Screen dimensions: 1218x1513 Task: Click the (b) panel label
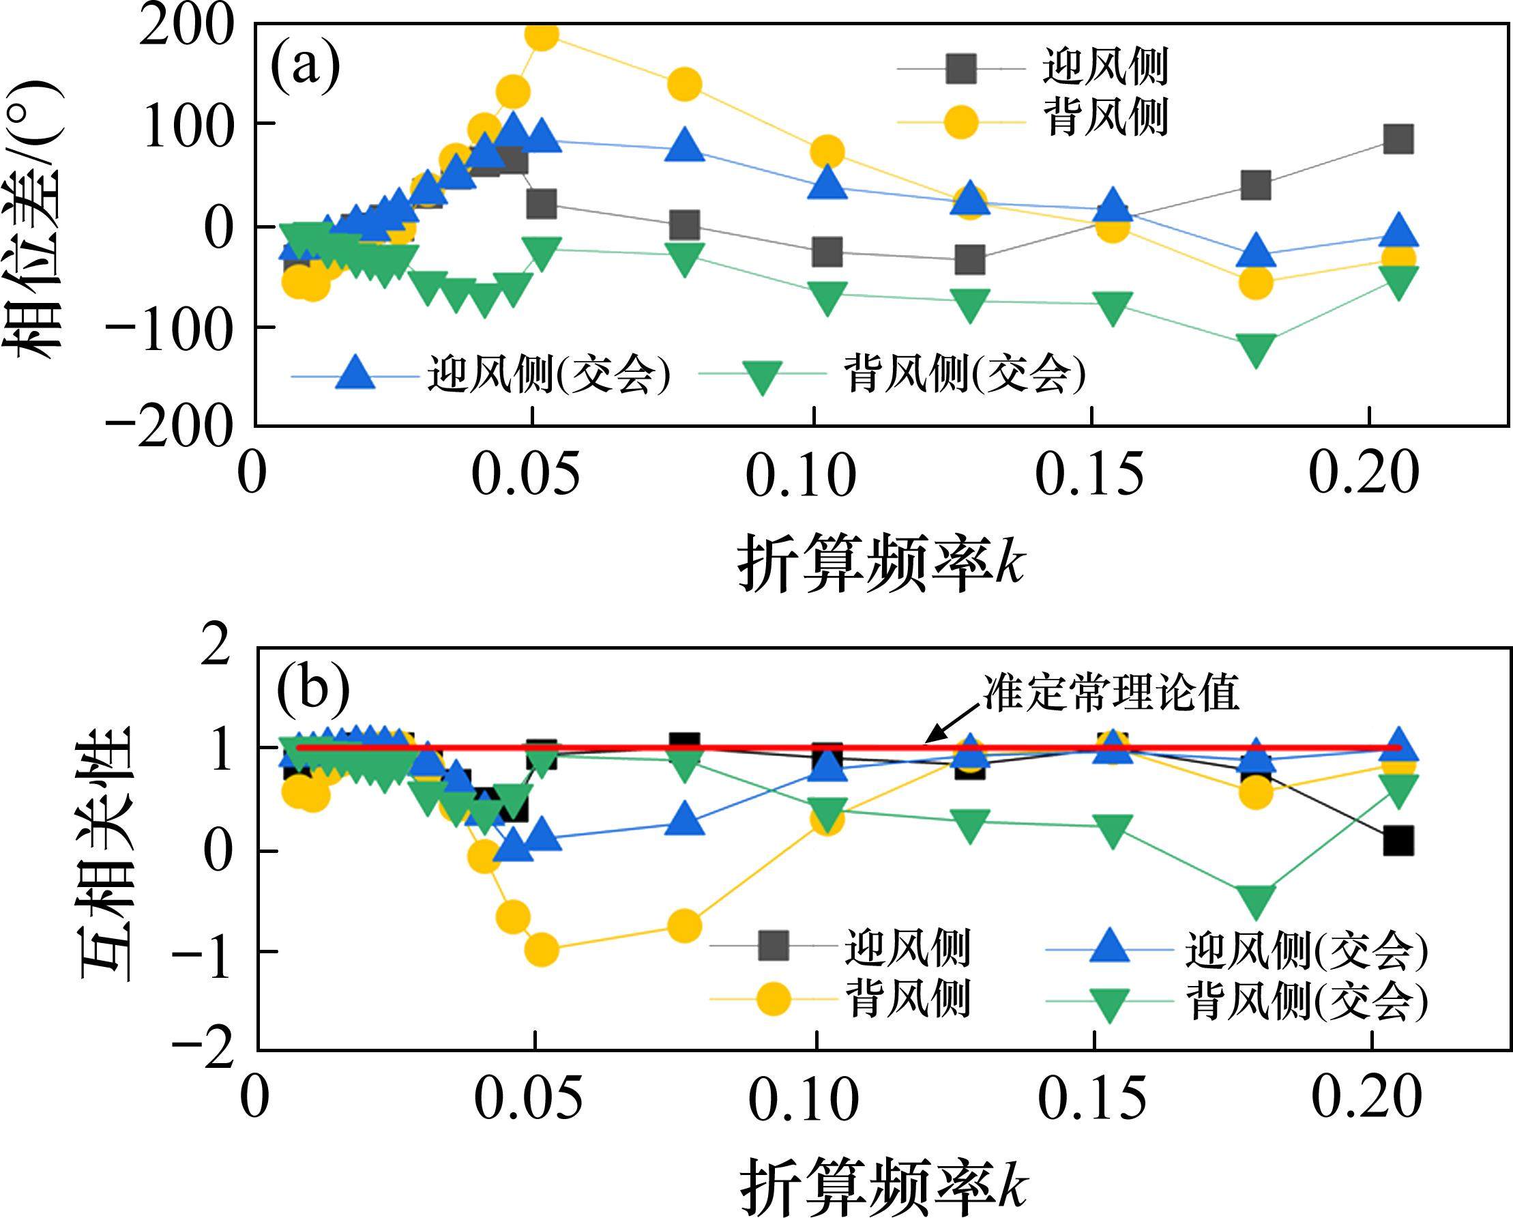[313, 688]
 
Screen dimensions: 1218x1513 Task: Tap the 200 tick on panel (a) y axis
[186, 29]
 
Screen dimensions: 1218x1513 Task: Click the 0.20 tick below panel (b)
[1366, 1096]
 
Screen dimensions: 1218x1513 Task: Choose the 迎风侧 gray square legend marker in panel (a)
[960, 68]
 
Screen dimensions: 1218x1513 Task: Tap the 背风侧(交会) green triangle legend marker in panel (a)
[763, 375]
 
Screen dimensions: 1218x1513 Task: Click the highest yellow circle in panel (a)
[541, 35]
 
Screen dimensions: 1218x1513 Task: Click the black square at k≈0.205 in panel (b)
[1397, 840]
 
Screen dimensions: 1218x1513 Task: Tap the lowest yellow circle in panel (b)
[541, 951]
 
